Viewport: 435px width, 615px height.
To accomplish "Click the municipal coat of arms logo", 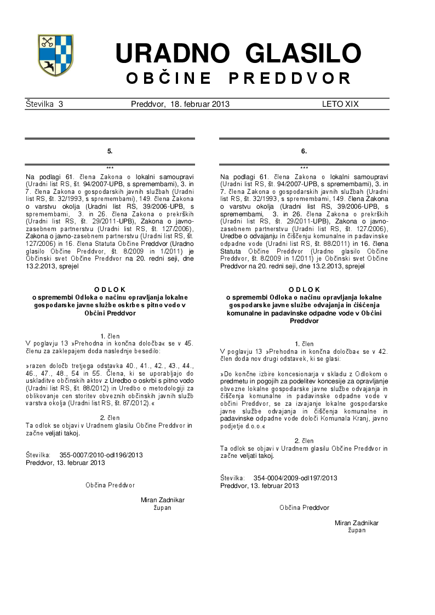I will [55, 55].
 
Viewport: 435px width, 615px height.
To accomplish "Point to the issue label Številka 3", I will [44, 104].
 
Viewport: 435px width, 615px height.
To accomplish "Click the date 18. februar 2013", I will [200, 104].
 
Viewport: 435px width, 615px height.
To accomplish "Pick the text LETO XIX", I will [340, 104].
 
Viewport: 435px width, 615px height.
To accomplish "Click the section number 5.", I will [110, 151].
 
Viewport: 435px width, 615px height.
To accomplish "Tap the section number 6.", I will [304, 151].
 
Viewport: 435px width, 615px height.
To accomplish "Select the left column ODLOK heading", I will [110, 289].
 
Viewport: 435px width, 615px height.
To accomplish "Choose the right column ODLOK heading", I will [304, 289].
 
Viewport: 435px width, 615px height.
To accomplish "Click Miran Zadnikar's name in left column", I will [163, 500].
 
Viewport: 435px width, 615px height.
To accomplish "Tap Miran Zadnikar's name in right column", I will [357, 523].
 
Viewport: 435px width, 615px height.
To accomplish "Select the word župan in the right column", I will [357, 531].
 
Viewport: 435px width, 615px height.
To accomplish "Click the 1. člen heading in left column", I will [110, 335].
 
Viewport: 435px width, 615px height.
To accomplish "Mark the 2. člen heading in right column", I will [304, 440].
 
